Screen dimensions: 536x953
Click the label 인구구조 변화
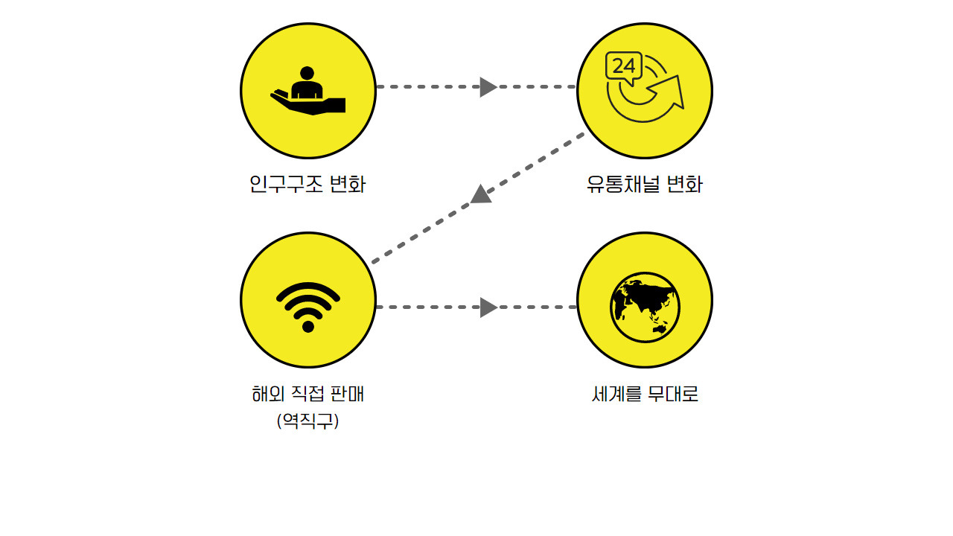tap(307, 184)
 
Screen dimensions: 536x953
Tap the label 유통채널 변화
tap(644, 184)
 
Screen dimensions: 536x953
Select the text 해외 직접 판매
tap(307, 394)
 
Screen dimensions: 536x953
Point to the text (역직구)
tap(307, 421)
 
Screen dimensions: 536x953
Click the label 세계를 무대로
tap(645, 394)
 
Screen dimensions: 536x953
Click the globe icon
tap(645, 307)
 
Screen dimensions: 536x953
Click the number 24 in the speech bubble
tap(624, 66)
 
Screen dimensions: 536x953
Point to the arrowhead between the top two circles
tap(488, 87)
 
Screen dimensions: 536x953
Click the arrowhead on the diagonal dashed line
tap(481, 194)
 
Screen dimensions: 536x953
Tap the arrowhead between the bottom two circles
tap(488, 307)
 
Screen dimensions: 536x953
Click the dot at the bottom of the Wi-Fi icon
tap(308, 326)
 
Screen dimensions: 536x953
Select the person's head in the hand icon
tap(306, 73)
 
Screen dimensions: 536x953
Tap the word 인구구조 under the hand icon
tap(286, 184)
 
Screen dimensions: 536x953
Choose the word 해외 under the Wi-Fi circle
tap(264, 394)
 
